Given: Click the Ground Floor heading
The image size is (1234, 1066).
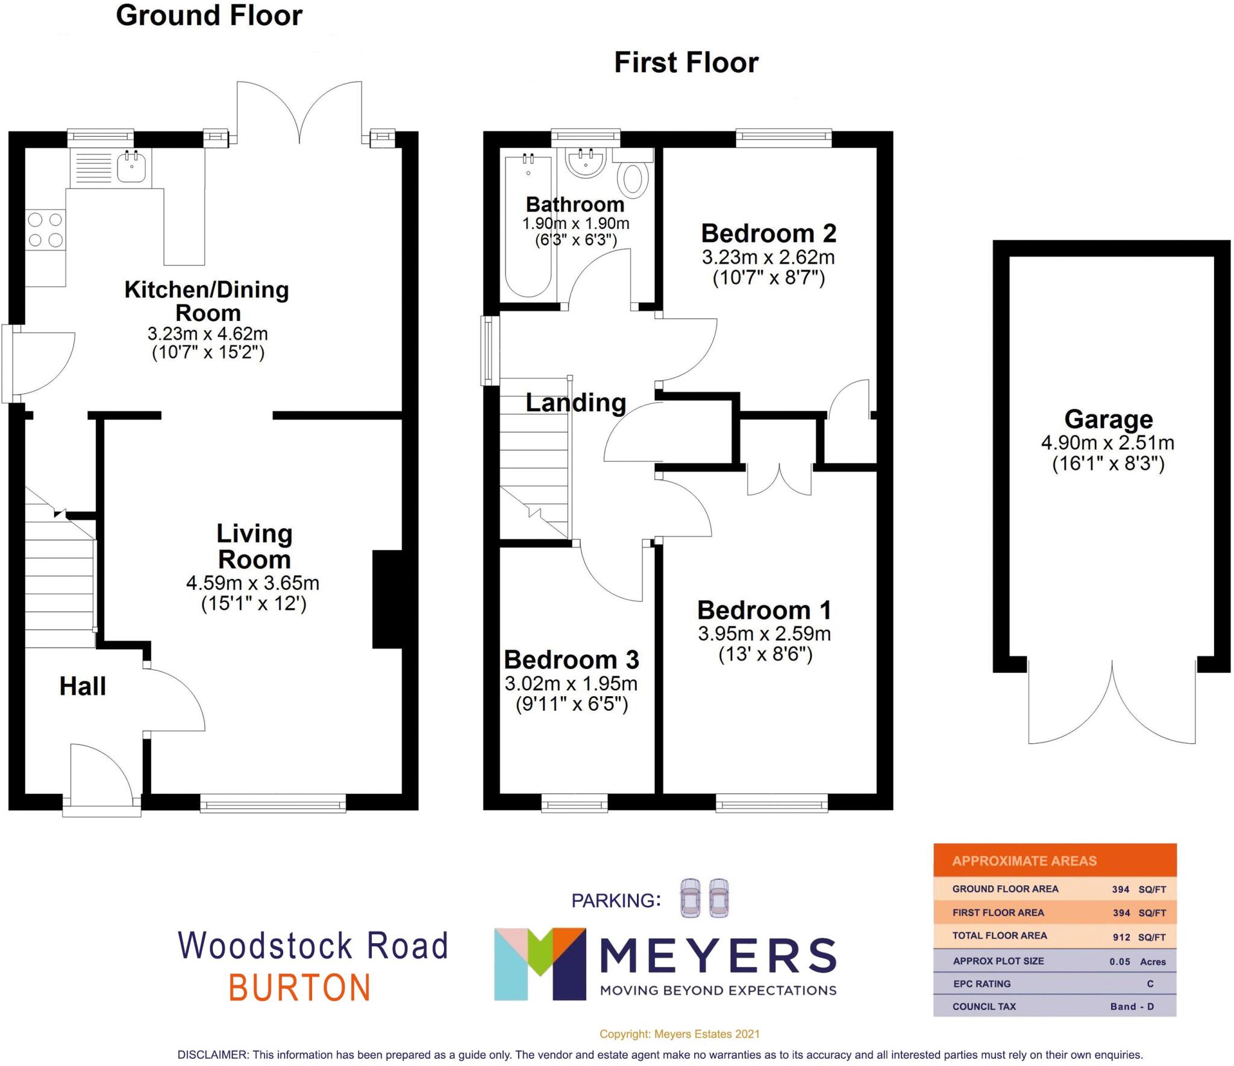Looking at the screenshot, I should (x=208, y=16).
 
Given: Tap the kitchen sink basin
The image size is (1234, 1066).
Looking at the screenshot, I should (x=131, y=167).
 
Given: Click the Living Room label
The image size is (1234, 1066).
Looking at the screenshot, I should (x=254, y=546).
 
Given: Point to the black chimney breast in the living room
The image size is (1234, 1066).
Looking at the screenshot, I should (x=387, y=599).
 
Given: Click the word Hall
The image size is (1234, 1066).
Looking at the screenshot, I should (x=83, y=686).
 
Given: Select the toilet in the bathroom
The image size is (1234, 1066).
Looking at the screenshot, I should (x=633, y=179).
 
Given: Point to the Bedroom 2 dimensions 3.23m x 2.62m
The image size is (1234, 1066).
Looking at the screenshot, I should (x=768, y=258).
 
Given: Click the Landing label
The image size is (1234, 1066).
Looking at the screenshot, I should (x=575, y=402).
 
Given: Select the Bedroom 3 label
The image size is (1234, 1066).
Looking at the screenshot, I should (x=571, y=659).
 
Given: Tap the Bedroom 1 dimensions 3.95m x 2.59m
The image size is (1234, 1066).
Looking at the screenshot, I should (x=764, y=634).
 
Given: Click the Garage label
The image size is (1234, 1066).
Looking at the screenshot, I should (x=1108, y=419).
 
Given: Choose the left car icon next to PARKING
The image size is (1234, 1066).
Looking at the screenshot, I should (x=690, y=898).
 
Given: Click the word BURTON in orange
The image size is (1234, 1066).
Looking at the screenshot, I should (x=299, y=988).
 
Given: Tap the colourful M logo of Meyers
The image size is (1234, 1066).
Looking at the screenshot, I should (x=539, y=964).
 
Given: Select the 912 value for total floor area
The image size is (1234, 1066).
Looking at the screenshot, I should (x=1121, y=937).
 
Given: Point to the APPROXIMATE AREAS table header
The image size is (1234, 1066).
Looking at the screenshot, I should (x=1024, y=861).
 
